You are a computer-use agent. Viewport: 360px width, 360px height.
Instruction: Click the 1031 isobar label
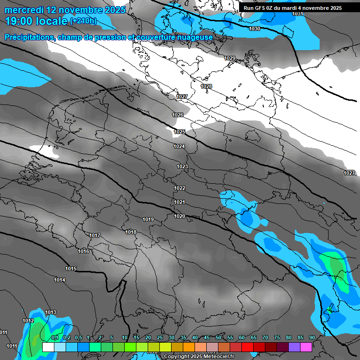coord(297,14)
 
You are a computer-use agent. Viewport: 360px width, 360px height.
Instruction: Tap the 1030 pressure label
coord(255,29)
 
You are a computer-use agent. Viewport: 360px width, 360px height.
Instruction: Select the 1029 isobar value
coord(230,58)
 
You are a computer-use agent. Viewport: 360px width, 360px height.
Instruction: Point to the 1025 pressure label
coord(180,132)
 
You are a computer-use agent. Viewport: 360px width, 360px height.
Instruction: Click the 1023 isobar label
coord(182,166)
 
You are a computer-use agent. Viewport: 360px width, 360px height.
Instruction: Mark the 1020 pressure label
coord(180,216)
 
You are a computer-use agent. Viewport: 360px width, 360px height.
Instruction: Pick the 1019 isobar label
coord(149,219)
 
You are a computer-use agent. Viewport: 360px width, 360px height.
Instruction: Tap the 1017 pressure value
coord(95,235)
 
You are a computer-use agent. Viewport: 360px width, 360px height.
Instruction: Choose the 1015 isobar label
coord(71,269)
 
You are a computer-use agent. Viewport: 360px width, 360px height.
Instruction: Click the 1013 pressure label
coord(51,312)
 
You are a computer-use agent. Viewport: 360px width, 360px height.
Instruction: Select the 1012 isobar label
coord(28,321)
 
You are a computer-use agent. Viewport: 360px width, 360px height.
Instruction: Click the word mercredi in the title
coord(24,10)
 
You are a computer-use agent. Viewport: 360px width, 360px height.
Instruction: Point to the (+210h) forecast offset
coord(83,21)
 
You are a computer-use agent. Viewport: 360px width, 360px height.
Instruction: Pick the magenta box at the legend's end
coord(306,347)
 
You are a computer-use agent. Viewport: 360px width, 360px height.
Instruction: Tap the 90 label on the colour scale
coord(312,338)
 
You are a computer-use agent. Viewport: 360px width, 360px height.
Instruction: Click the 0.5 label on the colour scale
coord(78,338)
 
